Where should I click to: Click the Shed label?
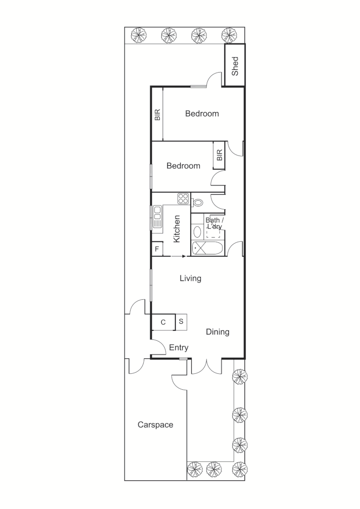coord(235,66)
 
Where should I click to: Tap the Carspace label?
coord(155,425)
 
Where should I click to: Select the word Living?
coord(190,279)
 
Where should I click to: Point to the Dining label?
coord(218,332)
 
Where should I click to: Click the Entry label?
coord(179,348)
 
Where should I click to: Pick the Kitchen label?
coord(177,229)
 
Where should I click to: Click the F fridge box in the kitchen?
coord(156,248)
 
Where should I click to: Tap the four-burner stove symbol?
coord(183,198)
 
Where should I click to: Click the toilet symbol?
coord(197,203)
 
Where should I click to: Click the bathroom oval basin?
coord(197,231)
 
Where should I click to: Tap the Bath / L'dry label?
coord(214,223)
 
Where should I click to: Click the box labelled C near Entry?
coord(163,322)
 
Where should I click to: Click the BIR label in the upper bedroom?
coord(157,115)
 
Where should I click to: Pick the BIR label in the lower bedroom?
coord(219,155)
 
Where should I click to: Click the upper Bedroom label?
coord(202,114)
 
